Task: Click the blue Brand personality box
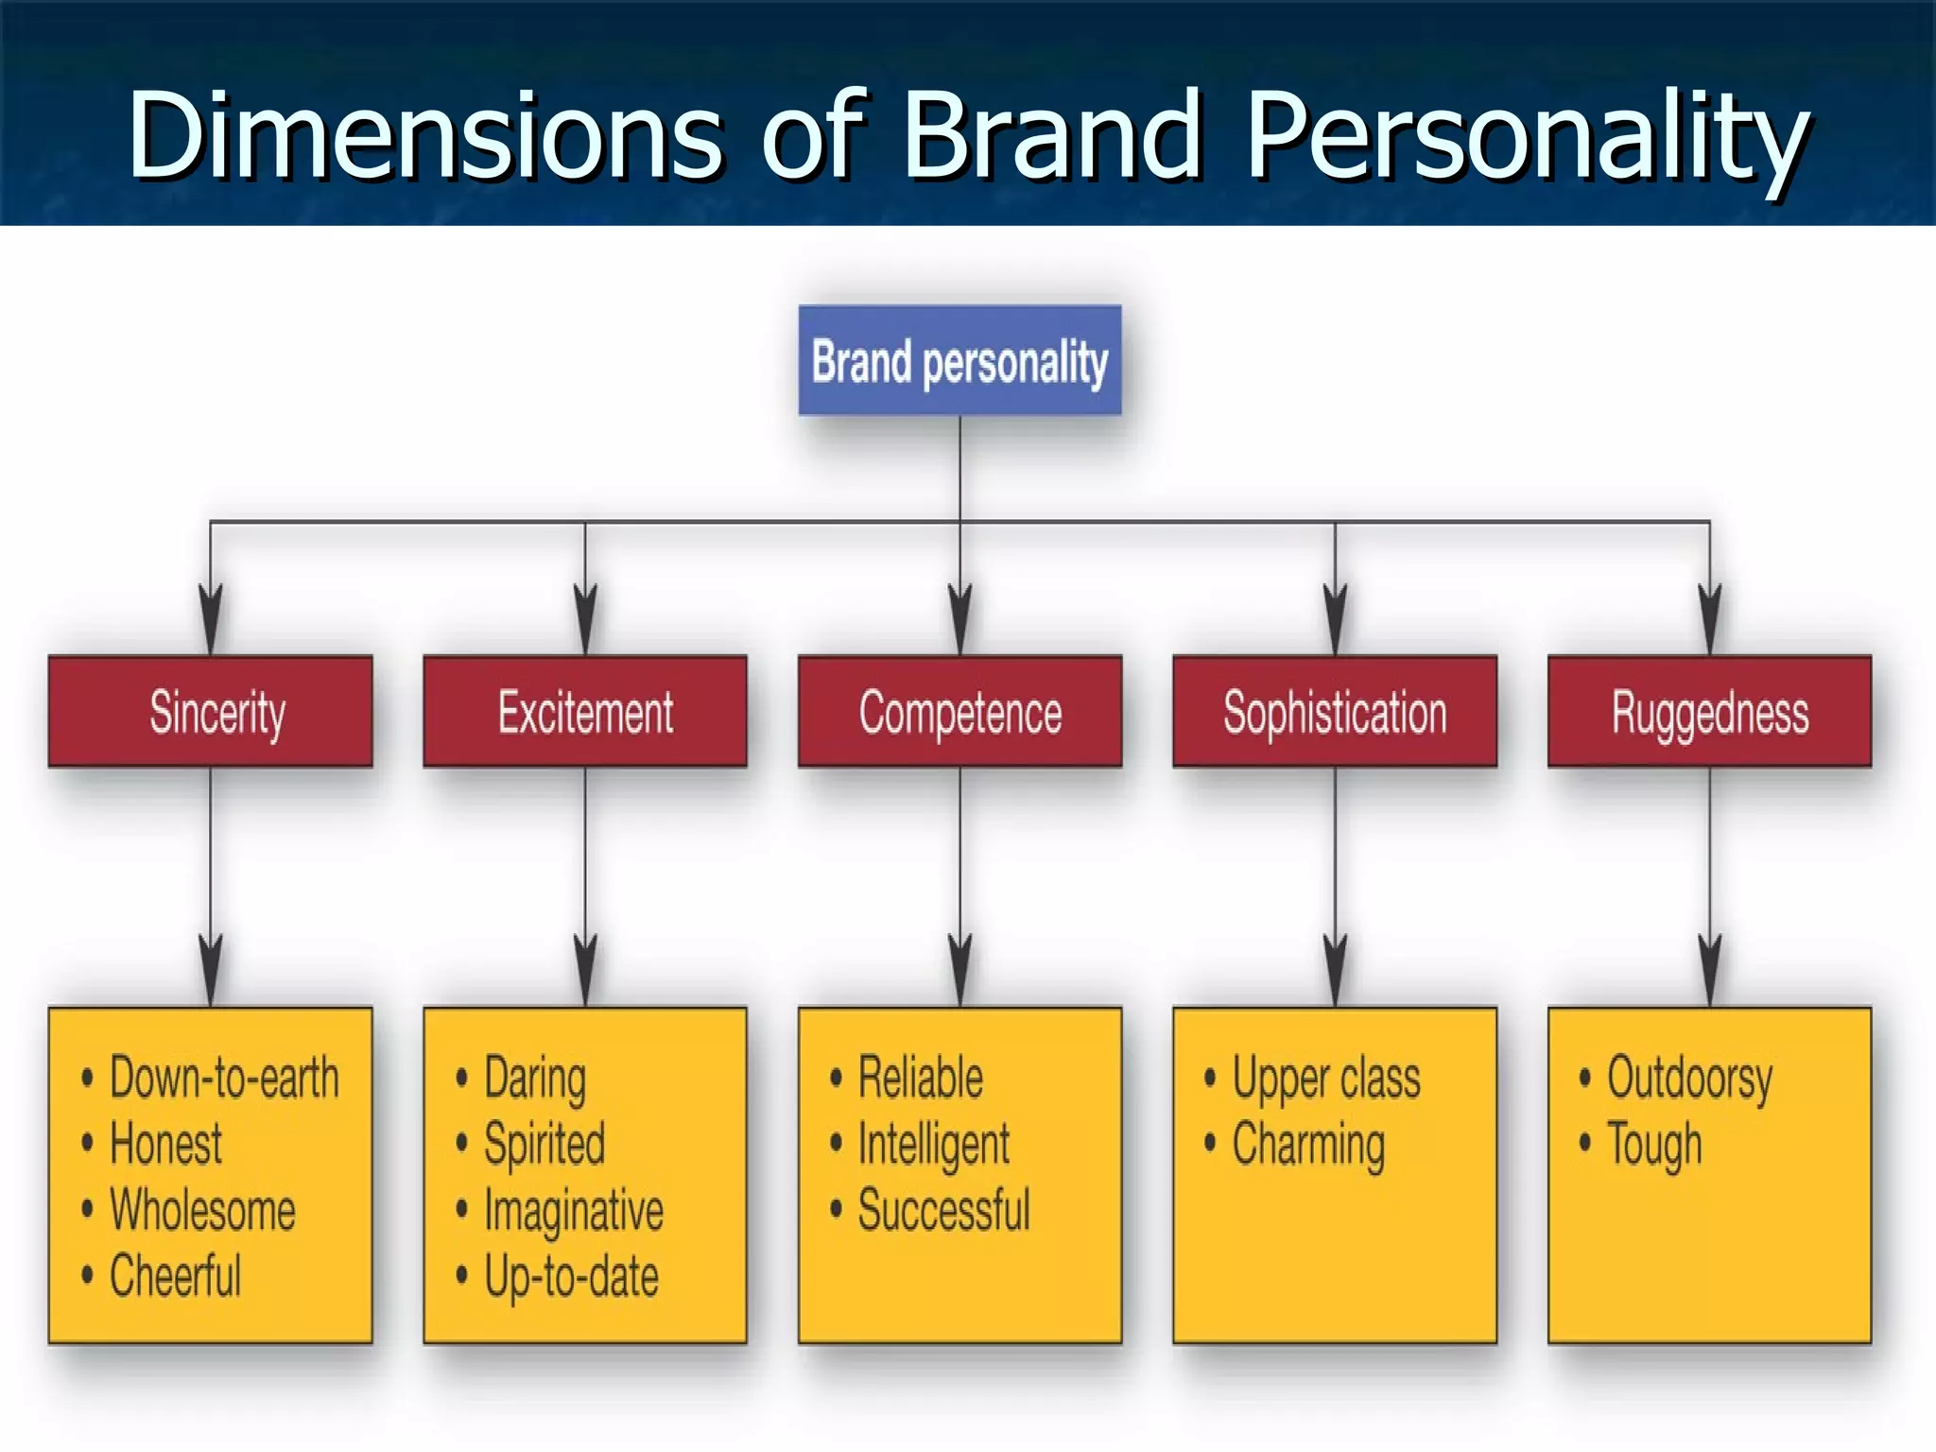point(959,361)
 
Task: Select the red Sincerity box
point(211,711)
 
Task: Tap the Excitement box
point(585,711)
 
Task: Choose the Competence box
point(959,711)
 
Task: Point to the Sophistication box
point(1335,711)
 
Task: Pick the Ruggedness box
point(1709,711)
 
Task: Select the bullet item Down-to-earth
point(224,1078)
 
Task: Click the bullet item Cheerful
point(176,1276)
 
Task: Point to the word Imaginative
point(574,1211)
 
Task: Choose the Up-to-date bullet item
point(571,1277)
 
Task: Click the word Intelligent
point(934,1145)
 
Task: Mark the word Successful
point(943,1210)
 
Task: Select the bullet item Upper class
point(1325,1079)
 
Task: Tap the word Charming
point(1308,1145)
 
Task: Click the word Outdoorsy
point(1689,1079)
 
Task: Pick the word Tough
point(1654,1145)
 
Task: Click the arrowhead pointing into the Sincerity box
point(211,618)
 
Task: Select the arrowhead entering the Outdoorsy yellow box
point(1709,970)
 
